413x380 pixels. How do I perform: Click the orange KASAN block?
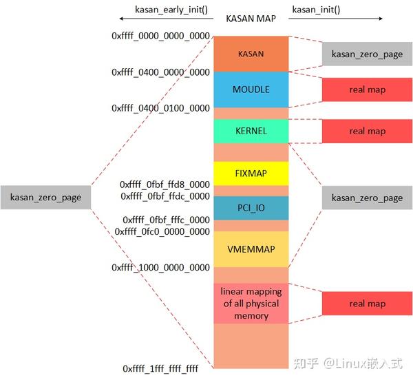coord(251,54)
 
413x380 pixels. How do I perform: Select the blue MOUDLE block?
coord(251,89)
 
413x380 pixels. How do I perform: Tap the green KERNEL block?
coord(251,131)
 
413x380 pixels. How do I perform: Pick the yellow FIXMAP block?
coord(251,173)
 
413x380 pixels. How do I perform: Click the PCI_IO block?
coord(251,207)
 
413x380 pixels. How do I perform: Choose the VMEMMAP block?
coord(251,249)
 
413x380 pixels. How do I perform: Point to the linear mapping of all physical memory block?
coord(251,303)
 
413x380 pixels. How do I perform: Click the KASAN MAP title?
coord(251,19)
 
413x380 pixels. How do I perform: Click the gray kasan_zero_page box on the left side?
coord(45,198)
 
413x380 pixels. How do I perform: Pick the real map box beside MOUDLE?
coord(367,89)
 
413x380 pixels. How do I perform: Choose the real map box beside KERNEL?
coord(367,131)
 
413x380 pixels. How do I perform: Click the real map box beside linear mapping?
coord(367,304)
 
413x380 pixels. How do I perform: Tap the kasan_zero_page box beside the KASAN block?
coord(367,54)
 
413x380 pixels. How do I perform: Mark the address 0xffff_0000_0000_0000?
coord(160,36)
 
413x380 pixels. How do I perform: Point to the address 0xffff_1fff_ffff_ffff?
coord(160,369)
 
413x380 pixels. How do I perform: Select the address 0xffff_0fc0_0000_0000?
coord(165,232)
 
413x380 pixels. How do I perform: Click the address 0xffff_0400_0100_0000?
coord(160,108)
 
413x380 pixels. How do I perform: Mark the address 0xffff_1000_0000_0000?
coord(160,267)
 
